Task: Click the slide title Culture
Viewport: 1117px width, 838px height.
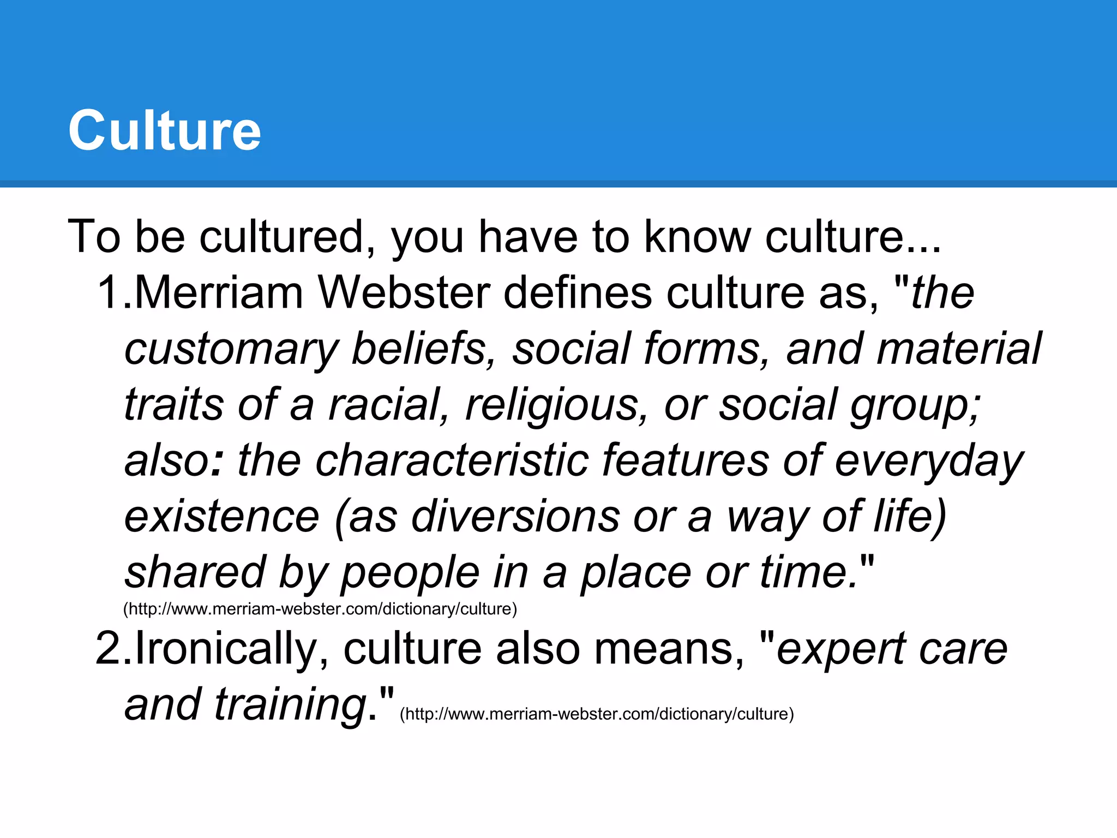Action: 164,130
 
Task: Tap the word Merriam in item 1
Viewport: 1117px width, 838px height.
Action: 218,293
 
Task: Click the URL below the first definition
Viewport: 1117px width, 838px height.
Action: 320,609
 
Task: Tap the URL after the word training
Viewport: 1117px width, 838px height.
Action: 597,714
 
